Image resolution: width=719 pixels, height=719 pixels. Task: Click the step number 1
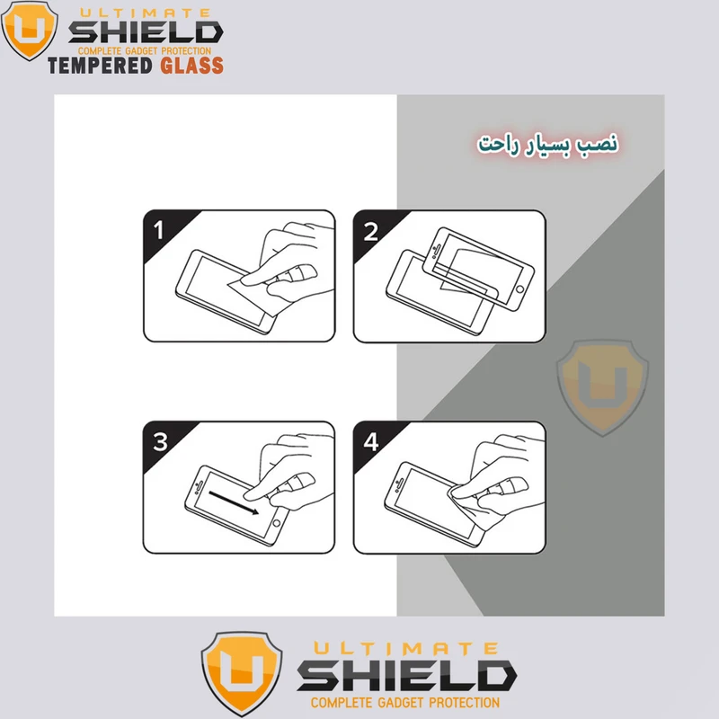[x=159, y=230]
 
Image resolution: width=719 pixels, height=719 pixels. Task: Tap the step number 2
[x=370, y=231]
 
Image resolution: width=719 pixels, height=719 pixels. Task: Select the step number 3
[x=160, y=442]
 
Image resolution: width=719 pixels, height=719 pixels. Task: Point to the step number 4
[x=371, y=442]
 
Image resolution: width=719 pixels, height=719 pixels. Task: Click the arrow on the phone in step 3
[x=234, y=503]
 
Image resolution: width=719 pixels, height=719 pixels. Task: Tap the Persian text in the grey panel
[x=547, y=144]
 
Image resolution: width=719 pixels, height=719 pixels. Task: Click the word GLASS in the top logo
[x=191, y=65]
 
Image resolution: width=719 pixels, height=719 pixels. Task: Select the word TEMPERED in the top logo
[x=100, y=65]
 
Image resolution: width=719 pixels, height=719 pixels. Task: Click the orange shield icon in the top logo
[x=30, y=30]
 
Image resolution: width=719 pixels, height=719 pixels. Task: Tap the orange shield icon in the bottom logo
[x=242, y=672]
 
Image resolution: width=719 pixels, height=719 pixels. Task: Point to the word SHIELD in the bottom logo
[x=407, y=676]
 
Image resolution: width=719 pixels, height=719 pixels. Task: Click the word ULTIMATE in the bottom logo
[x=406, y=648]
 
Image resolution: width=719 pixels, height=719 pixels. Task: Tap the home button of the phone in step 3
[x=277, y=523]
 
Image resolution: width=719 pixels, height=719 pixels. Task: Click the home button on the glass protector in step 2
[x=519, y=289]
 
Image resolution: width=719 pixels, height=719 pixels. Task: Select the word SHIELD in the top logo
[x=146, y=32]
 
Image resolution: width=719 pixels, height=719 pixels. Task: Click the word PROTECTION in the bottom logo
[x=464, y=703]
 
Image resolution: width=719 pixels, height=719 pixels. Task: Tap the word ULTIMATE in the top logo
[x=145, y=13]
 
